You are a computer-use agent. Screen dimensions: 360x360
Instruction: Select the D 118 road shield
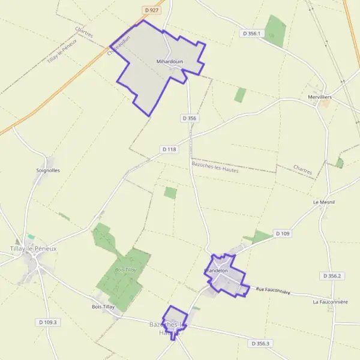click(x=169, y=149)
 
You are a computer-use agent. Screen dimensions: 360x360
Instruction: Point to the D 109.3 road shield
click(x=47, y=322)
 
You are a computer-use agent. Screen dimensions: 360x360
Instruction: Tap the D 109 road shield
click(x=282, y=233)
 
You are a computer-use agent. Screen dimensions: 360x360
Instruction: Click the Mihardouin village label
click(x=169, y=61)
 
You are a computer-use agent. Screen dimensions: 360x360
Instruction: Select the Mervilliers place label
click(x=318, y=97)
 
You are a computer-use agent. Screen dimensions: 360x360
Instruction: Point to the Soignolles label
click(x=48, y=170)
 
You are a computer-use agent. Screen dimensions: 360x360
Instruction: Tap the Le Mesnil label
click(x=323, y=203)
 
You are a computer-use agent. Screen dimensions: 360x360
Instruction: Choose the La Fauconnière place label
click(x=330, y=302)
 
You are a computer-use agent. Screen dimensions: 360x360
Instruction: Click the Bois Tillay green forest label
click(x=126, y=270)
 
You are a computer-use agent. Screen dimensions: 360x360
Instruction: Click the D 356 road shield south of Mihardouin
click(x=188, y=119)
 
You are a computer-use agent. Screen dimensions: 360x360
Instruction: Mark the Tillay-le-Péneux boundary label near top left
click(x=62, y=53)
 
